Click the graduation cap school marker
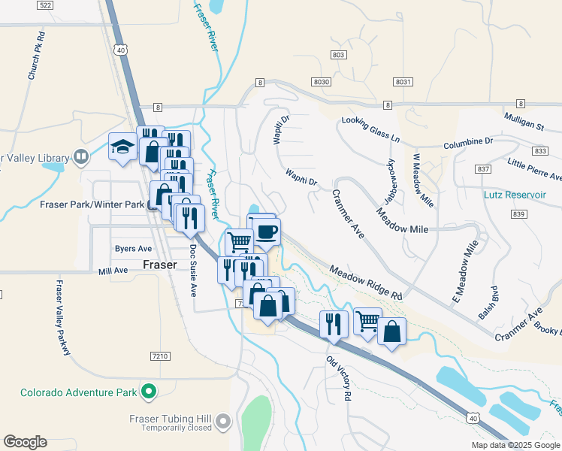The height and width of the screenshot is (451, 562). (x=121, y=147)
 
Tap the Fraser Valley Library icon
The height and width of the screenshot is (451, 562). (x=81, y=157)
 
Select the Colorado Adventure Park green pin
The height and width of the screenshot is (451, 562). (x=149, y=392)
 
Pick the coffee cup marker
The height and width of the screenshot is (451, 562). (x=267, y=231)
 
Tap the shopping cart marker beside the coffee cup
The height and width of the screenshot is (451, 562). (x=239, y=242)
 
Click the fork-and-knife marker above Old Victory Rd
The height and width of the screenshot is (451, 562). (x=334, y=324)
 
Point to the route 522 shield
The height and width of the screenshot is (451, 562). (x=46, y=5)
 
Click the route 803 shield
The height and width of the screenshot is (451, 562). (x=339, y=55)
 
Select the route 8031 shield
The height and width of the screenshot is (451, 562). (x=403, y=81)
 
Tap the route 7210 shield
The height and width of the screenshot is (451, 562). (x=159, y=356)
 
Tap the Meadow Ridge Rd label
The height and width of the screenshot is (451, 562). (x=365, y=283)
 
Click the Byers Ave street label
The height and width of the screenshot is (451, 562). (x=133, y=248)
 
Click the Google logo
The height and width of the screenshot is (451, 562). (x=25, y=442)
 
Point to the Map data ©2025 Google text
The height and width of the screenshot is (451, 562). (x=515, y=445)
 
